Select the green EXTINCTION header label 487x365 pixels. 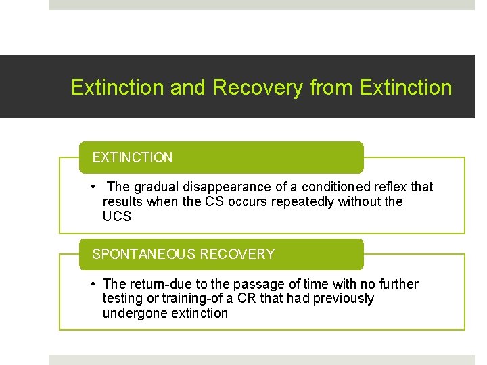tap(133, 157)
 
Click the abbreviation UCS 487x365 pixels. tap(116, 216)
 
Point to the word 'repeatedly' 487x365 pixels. tap(296, 201)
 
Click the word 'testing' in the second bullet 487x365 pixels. tap(122, 298)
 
